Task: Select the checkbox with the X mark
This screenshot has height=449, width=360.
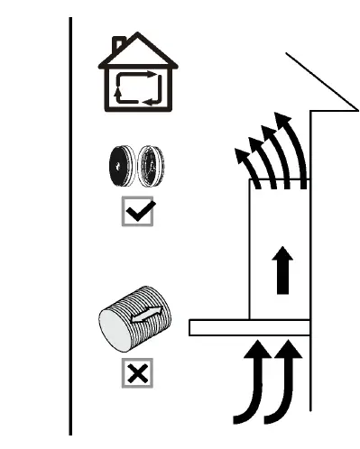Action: (x=137, y=372)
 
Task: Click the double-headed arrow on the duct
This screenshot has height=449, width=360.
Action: (x=148, y=316)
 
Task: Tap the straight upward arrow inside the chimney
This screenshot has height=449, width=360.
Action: (x=282, y=271)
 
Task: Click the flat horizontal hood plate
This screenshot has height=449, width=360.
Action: (x=249, y=327)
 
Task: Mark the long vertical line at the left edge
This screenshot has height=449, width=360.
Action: (x=71, y=225)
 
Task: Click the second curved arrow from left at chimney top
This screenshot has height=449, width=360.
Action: (x=262, y=158)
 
